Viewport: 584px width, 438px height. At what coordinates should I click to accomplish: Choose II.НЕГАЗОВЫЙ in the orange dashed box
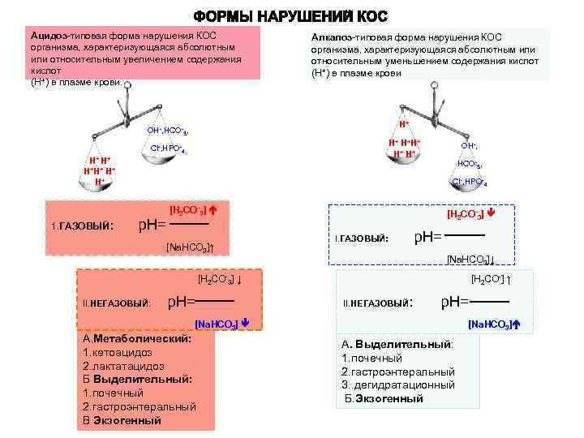118,303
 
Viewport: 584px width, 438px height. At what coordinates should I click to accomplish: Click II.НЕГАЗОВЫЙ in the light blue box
378,303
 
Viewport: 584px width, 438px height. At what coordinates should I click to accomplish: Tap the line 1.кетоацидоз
117,352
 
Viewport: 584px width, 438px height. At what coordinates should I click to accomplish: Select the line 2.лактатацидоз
122,366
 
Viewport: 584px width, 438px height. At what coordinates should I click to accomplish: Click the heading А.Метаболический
137,338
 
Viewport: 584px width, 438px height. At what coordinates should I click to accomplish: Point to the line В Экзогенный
122,420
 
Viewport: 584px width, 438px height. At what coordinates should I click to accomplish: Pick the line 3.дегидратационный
398,384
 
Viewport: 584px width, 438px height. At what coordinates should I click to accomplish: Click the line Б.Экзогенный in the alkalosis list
384,398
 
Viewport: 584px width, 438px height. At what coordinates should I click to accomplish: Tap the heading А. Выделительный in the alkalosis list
397,344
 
